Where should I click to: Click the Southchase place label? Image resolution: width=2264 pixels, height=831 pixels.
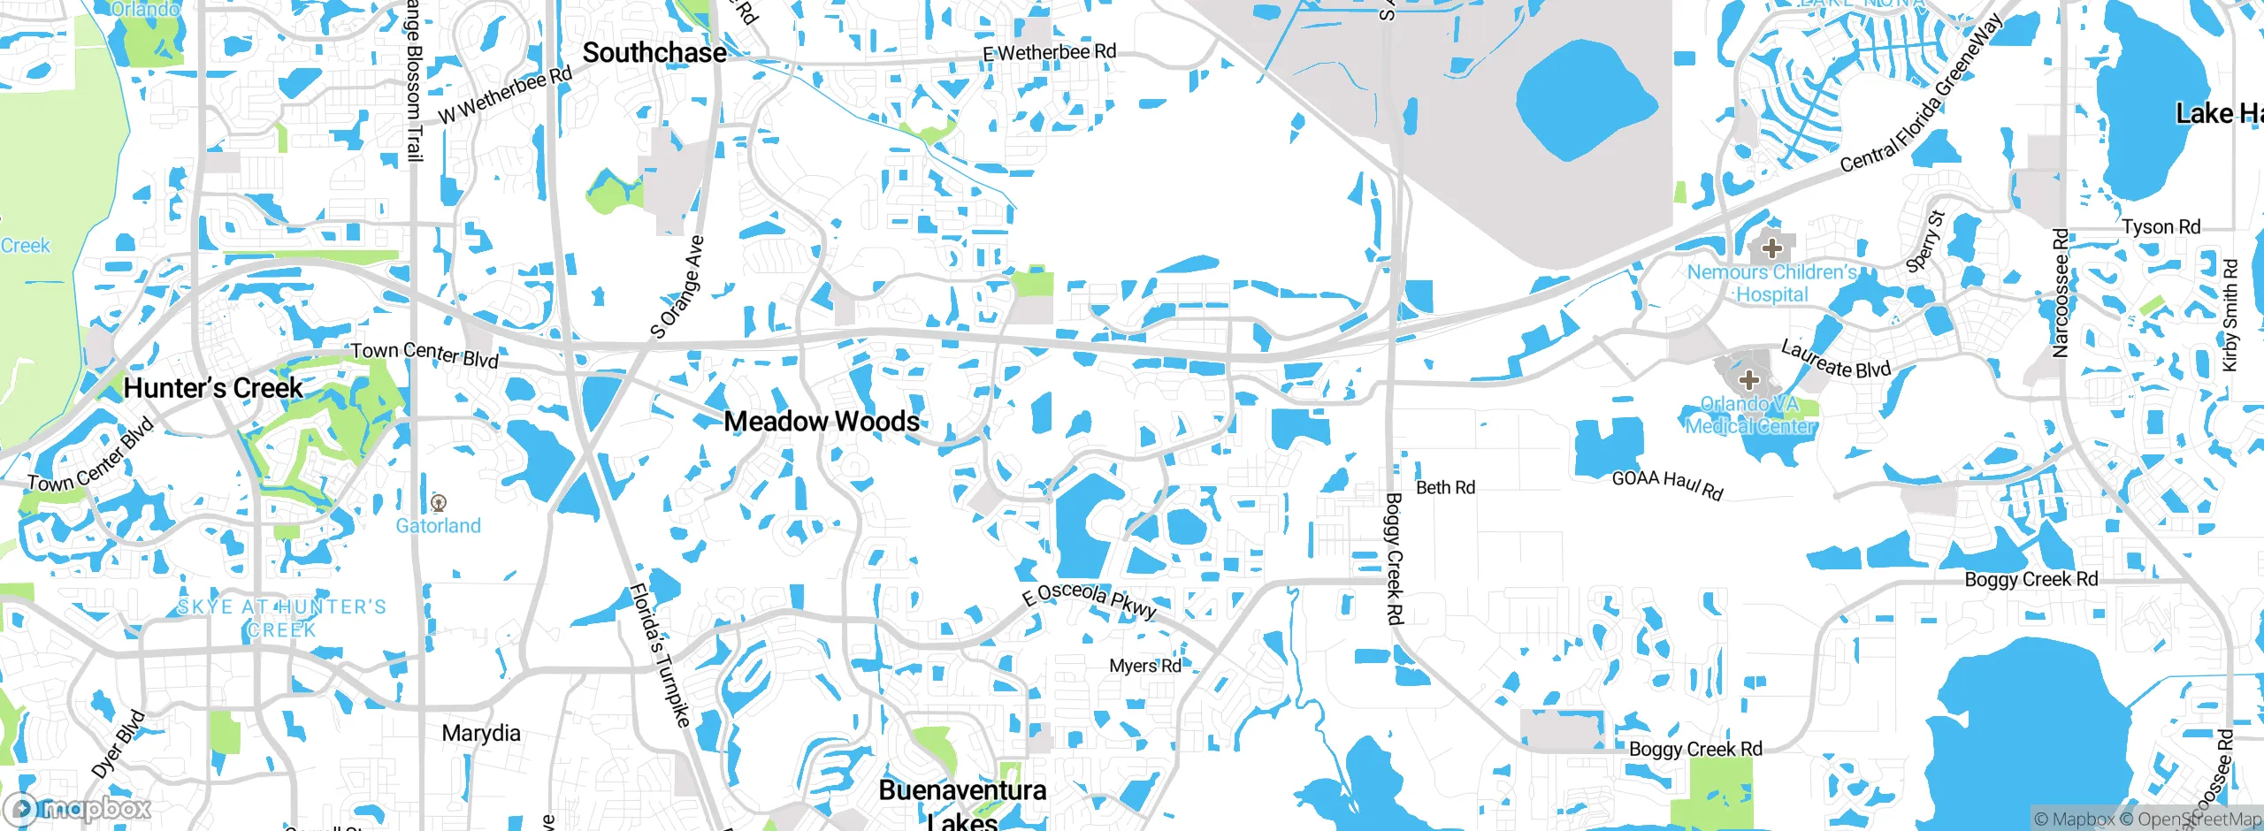click(654, 53)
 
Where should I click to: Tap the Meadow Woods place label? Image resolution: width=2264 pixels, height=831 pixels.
click(822, 422)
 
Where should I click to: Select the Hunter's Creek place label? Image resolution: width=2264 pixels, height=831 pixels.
click(213, 388)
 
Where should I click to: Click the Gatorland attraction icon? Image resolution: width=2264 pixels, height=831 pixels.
click(438, 504)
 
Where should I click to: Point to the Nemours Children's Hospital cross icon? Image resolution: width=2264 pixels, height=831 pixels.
click(1771, 248)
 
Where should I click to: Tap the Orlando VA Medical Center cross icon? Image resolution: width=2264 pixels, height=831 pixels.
click(1748, 381)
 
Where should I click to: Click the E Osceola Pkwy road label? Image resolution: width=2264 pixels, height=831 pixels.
click(1090, 600)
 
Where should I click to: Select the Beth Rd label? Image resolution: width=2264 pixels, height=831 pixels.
click(1445, 488)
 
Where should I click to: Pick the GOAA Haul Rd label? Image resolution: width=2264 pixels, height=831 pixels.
click(1667, 484)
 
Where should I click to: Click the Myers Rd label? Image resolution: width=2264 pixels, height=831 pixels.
click(1144, 666)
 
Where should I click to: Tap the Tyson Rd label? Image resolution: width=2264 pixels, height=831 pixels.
click(2161, 227)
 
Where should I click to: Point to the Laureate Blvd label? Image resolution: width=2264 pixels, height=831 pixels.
click(1835, 359)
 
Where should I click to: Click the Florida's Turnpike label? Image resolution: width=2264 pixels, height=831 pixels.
click(660, 655)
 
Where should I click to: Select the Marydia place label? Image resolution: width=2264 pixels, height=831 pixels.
click(481, 733)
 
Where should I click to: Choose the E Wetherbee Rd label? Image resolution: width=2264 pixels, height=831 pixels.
click(1049, 53)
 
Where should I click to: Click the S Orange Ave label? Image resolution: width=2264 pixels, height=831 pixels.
click(678, 286)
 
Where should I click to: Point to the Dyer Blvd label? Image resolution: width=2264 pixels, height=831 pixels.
click(118, 743)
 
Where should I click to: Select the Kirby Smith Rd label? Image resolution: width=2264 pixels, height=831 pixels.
click(2230, 316)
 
